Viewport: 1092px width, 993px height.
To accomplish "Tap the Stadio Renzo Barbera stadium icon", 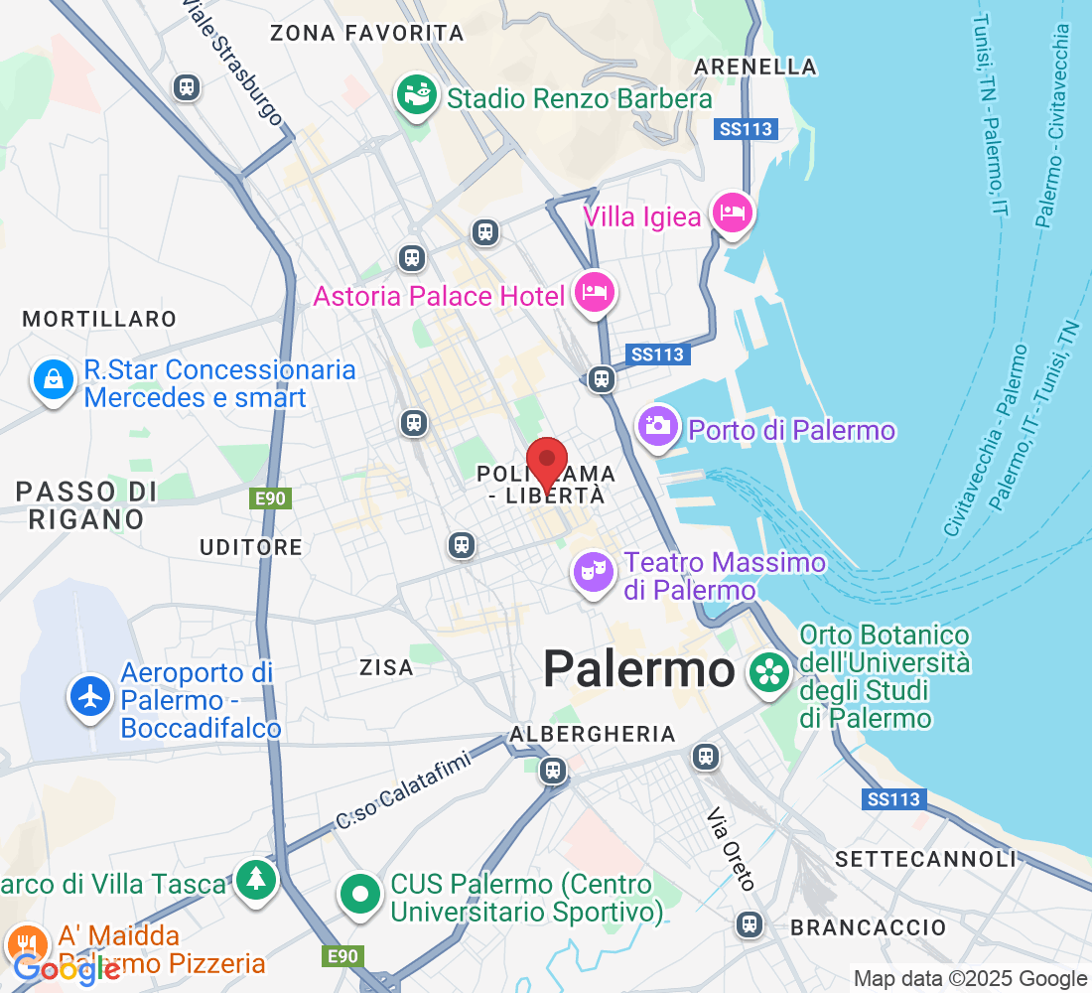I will [417, 96].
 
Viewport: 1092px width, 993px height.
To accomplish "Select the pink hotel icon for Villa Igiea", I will [733, 213].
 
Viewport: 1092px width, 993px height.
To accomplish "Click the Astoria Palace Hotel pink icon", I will [595, 292].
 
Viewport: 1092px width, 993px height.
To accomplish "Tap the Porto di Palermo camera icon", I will [657, 427].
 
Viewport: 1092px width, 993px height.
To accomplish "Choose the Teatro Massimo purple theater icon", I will [593, 572].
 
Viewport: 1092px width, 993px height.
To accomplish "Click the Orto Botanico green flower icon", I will [769, 672].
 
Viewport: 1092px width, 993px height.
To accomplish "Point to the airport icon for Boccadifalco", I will [90, 696].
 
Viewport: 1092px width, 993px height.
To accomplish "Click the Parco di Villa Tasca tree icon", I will [256, 878].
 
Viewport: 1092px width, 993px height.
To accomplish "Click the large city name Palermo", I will [638, 670].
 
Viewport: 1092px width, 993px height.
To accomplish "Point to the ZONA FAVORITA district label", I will [367, 33].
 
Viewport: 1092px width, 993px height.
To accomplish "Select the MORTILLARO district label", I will [99, 319].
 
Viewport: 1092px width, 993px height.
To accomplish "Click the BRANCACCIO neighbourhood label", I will [869, 927].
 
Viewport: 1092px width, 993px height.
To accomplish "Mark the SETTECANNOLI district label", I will [926, 859].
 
